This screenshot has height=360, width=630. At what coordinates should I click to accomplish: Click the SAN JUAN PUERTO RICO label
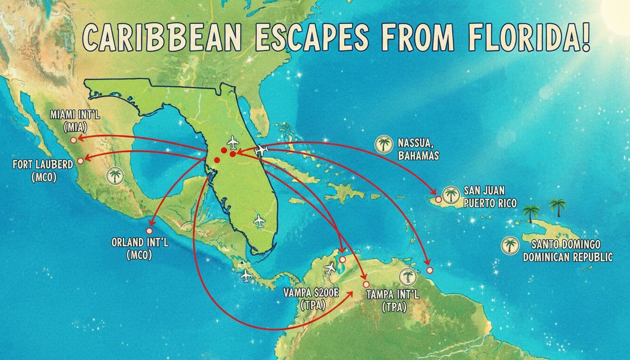coord(489,197)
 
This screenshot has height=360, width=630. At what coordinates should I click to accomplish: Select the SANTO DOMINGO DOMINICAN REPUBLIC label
coord(568,251)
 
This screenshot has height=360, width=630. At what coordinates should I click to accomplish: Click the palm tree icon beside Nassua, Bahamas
coord(384,144)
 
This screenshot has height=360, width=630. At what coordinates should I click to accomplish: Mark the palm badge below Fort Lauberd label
coord(114,176)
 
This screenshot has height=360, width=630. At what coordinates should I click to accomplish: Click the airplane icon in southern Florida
coord(259,220)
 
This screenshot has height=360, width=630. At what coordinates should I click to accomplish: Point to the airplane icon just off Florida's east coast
coord(261,151)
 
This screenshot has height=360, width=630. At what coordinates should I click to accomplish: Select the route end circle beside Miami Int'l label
coord(73,140)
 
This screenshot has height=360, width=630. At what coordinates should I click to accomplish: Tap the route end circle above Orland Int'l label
coord(150,231)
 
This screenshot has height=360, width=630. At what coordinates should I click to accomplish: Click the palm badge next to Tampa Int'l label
coord(406,277)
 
